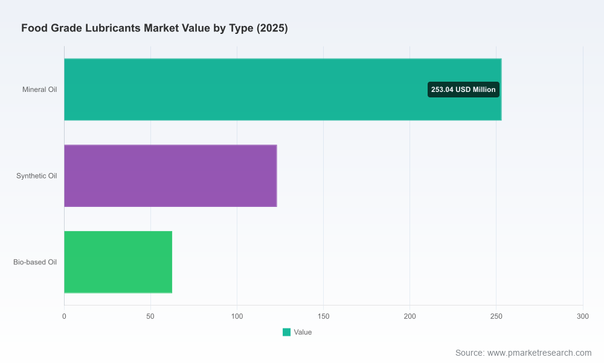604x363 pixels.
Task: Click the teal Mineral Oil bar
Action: (x=283, y=90)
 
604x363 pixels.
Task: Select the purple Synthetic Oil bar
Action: (x=171, y=176)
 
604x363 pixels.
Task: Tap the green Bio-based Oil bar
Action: (x=118, y=263)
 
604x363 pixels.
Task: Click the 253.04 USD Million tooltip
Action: (x=463, y=90)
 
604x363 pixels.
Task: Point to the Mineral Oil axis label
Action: (x=40, y=90)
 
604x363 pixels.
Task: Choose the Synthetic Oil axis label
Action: (x=37, y=176)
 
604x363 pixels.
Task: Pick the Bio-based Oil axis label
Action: (x=35, y=263)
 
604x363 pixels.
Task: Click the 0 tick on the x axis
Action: (x=64, y=316)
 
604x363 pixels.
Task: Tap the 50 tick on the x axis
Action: (x=150, y=316)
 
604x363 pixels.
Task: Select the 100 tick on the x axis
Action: (x=237, y=316)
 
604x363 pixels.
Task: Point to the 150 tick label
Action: (x=323, y=316)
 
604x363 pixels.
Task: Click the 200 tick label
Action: (x=410, y=316)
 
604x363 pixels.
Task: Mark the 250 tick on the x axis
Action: (x=496, y=316)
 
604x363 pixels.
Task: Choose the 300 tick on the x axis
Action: (x=583, y=316)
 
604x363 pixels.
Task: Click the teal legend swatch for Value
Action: (x=286, y=332)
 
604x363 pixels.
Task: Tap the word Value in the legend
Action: (x=303, y=332)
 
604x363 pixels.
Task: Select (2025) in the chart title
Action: (x=272, y=28)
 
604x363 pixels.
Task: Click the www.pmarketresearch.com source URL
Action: (x=539, y=353)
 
